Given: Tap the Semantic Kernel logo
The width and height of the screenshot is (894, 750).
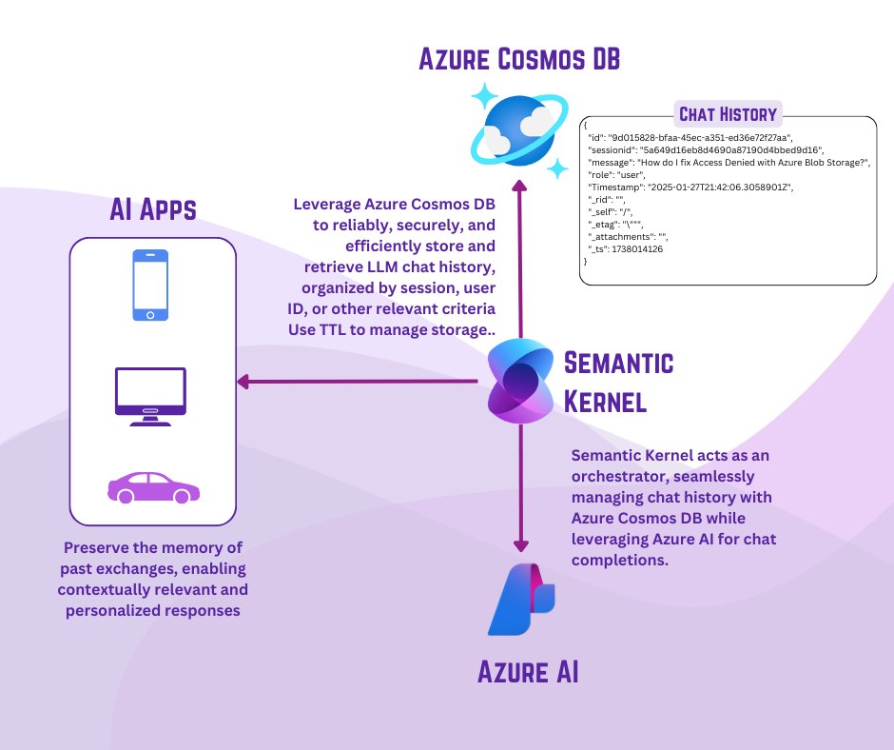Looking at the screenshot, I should pos(520,383).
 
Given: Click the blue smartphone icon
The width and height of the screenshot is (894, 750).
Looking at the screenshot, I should pos(150,285).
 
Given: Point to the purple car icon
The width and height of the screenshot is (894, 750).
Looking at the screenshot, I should pos(153,486).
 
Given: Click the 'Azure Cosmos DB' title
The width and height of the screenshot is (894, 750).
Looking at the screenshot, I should pos(519,60).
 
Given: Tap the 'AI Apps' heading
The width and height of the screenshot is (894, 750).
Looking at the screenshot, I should pos(152,209).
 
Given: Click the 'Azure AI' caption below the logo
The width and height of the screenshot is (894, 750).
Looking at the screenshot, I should pos(528,674).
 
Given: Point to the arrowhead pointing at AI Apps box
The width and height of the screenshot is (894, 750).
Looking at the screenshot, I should pos(244,382).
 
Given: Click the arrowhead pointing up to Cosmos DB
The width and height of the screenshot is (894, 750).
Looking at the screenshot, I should pos(519,183).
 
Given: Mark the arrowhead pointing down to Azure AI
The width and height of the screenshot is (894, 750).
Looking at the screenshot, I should pos(519,544).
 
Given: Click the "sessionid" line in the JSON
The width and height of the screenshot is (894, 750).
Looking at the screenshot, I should pos(709,149).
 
